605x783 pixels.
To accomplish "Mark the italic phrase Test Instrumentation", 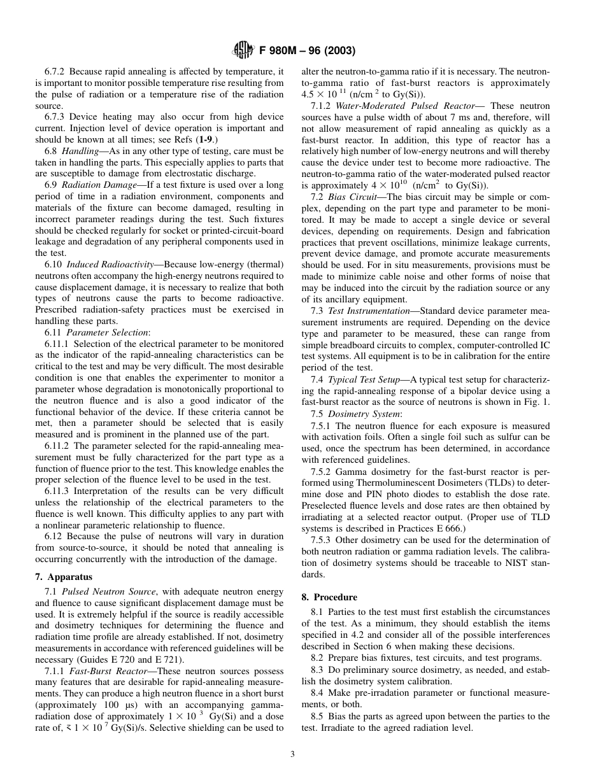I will click(x=369, y=311).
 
